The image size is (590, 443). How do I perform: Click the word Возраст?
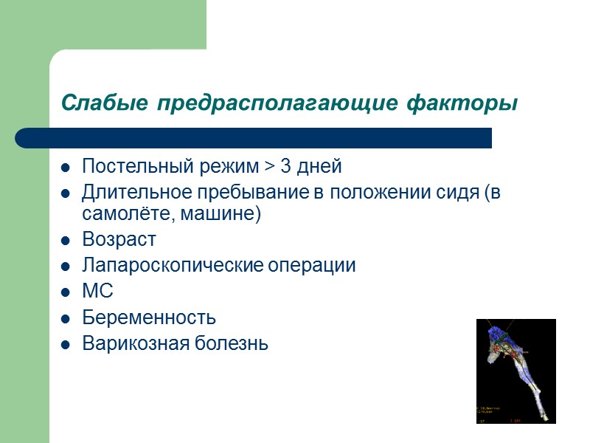tap(119, 241)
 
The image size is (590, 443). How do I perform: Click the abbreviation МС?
tap(97, 292)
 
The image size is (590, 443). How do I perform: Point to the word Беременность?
tap(149, 318)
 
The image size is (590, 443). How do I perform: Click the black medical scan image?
tap(516, 371)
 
